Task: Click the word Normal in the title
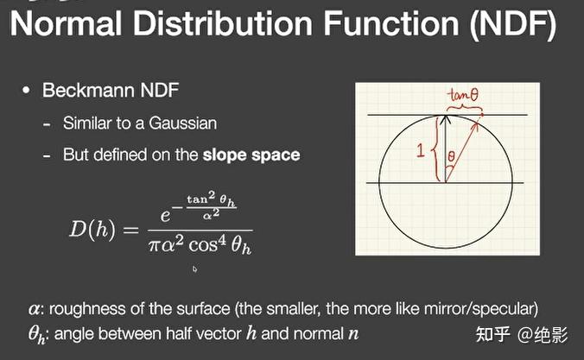tap(66, 23)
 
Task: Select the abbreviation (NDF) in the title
tap(513, 24)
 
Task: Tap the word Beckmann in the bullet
tap(88, 90)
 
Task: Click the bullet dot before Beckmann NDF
tap(26, 91)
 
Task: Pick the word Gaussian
tap(182, 123)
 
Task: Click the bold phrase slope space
tap(251, 155)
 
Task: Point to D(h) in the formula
tap(92, 229)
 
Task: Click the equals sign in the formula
tap(130, 231)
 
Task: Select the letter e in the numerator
tap(165, 216)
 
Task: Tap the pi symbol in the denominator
tap(154, 246)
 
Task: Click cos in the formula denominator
tap(203, 246)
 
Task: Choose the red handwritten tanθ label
tap(463, 95)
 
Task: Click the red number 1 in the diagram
tap(421, 150)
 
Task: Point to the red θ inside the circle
tap(451, 155)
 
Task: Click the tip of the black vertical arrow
tap(446, 116)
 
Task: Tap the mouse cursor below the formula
tap(194, 268)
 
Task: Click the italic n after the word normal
tap(353, 335)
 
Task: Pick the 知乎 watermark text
tap(492, 334)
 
